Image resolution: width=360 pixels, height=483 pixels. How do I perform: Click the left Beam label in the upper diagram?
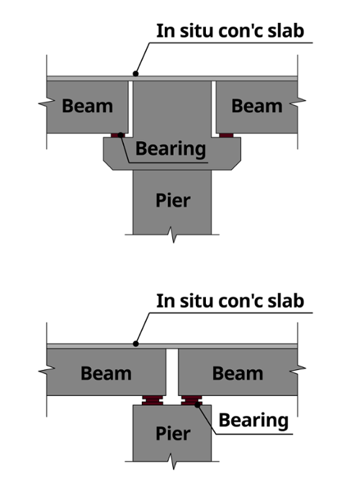click(x=88, y=106)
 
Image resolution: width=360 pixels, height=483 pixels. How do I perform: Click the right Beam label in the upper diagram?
click(x=257, y=106)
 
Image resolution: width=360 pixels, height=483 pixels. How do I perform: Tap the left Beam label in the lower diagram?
click(x=106, y=374)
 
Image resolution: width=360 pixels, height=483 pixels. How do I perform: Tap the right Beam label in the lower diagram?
click(x=238, y=374)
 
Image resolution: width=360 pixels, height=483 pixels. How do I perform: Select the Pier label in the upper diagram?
click(x=173, y=201)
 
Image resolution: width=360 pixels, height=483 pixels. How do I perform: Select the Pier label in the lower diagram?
click(x=173, y=434)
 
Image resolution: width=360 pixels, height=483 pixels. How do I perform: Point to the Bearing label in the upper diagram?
click(x=171, y=149)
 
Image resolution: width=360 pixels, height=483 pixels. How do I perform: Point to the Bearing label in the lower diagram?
click(x=253, y=421)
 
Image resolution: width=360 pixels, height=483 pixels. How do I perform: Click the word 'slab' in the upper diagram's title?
click(x=286, y=31)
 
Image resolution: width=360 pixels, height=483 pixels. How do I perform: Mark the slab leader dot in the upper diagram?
click(x=135, y=73)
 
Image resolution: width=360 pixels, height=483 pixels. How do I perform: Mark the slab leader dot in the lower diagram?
click(x=135, y=344)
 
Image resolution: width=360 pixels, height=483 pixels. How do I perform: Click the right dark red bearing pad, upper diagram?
click(x=226, y=135)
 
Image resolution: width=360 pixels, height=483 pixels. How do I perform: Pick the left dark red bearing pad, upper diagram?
click(x=118, y=135)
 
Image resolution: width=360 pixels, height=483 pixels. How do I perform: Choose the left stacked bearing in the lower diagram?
click(x=152, y=400)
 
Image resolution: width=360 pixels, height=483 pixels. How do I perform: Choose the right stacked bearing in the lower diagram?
click(x=192, y=400)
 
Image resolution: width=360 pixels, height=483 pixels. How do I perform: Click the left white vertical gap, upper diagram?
click(x=130, y=109)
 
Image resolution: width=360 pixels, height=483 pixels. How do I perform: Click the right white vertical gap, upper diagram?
click(x=214, y=109)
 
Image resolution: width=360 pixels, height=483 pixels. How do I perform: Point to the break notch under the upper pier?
click(x=173, y=236)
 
